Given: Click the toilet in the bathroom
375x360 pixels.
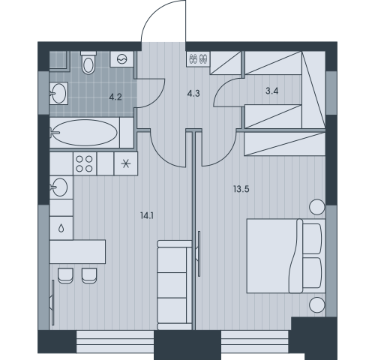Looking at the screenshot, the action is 88,62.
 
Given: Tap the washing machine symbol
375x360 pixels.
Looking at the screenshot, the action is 122,59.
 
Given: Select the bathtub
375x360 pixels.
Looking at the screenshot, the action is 85,133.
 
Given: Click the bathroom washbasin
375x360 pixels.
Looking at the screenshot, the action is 59,93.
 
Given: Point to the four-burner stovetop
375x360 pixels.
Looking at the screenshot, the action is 85,163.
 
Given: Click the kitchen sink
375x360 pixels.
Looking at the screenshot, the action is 61,187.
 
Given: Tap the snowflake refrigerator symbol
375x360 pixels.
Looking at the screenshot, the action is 126,163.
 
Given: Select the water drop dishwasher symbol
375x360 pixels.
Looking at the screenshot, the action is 61,228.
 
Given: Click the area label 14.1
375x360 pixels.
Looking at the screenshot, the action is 147,215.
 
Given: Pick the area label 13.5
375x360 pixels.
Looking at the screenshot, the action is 241,189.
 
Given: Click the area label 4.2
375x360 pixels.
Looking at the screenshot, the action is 115,97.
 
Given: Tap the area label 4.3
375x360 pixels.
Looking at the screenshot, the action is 193,94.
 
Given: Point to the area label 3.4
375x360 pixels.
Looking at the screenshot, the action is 272,91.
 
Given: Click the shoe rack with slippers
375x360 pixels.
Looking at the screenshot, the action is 198,59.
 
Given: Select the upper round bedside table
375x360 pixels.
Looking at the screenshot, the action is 317,207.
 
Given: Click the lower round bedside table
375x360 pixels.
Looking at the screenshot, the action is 317,304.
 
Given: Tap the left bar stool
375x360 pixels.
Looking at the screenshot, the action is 65,275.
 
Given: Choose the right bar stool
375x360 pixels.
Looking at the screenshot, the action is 89,275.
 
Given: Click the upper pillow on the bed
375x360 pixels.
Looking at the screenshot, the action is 312,238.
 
